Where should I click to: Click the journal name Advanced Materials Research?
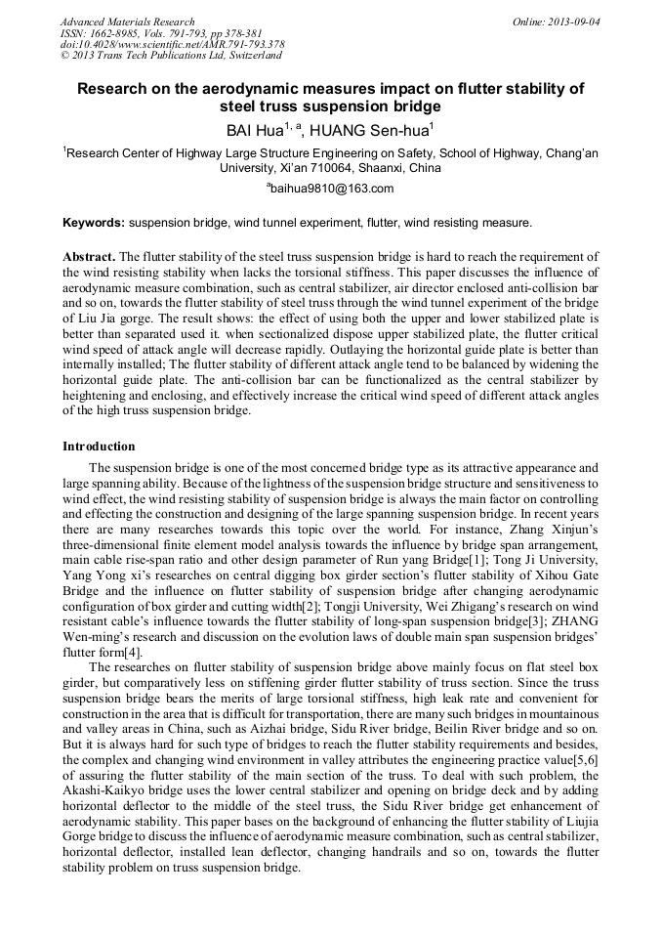(x=127, y=21)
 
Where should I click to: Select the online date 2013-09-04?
(x=572, y=21)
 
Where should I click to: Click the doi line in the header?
(x=172, y=45)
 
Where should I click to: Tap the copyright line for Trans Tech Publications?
(x=171, y=56)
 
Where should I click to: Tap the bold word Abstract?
(x=89, y=255)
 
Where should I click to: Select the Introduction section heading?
(x=99, y=447)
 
